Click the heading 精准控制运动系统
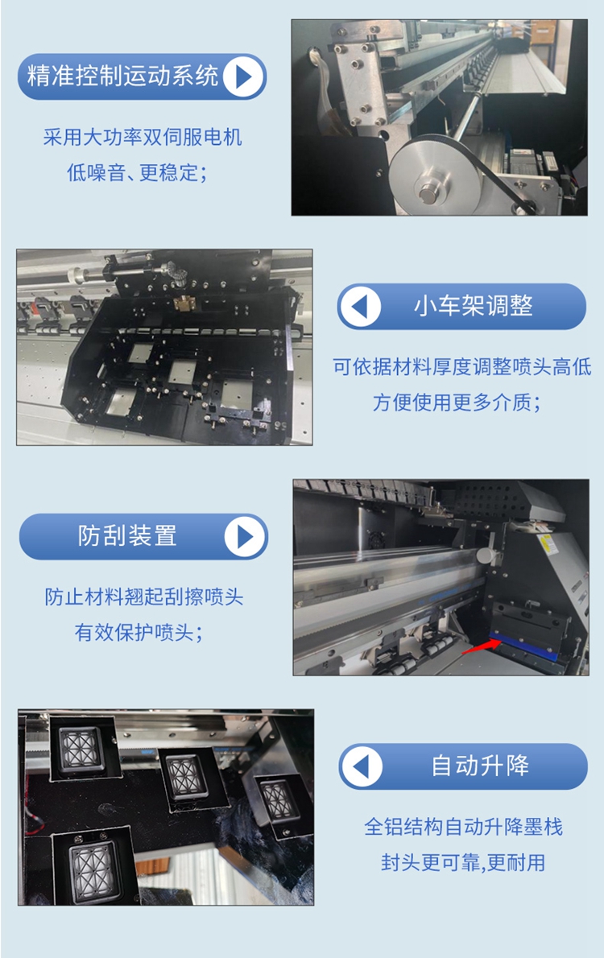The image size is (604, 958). (122, 76)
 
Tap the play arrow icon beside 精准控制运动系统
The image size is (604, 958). (243, 76)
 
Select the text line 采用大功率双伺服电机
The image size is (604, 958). (143, 137)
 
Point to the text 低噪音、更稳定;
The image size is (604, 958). (137, 172)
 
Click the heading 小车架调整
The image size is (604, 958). (474, 305)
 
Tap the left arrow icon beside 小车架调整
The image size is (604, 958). (360, 306)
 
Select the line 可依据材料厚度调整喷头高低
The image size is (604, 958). (462, 366)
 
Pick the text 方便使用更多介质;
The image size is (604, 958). (457, 402)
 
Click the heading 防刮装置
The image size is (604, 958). (127, 536)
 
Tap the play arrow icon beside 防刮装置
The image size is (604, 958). (245, 536)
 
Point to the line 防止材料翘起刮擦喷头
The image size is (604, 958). (143, 597)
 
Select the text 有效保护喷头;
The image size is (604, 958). (139, 632)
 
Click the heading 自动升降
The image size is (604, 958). (480, 766)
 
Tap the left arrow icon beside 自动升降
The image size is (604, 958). (362, 766)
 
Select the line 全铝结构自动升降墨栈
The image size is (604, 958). (463, 827)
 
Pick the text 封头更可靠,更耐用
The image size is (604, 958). (463, 862)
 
